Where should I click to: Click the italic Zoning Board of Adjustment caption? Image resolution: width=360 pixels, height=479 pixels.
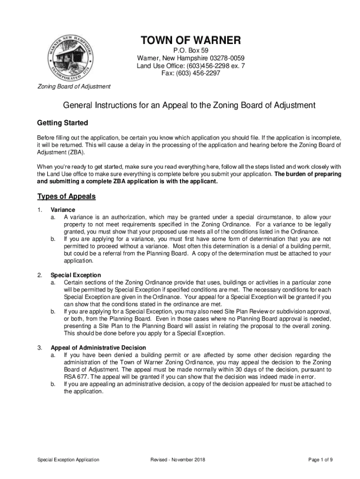(74, 87)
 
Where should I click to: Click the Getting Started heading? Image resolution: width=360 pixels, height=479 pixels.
(62, 123)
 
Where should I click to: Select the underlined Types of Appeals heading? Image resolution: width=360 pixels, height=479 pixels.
(66, 196)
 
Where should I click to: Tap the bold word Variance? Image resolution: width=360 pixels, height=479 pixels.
(63, 210)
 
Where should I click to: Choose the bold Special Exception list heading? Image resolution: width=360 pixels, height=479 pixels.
(76, 275)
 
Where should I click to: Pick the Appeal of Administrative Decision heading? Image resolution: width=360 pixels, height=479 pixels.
(98, 348)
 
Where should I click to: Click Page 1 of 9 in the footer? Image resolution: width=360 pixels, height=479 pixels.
(321, 460)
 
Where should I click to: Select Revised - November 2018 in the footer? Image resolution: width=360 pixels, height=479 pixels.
(178, 460)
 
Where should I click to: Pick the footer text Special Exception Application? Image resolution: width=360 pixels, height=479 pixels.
(68, 460)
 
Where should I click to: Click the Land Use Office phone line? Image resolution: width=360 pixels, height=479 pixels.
(190, 65)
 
